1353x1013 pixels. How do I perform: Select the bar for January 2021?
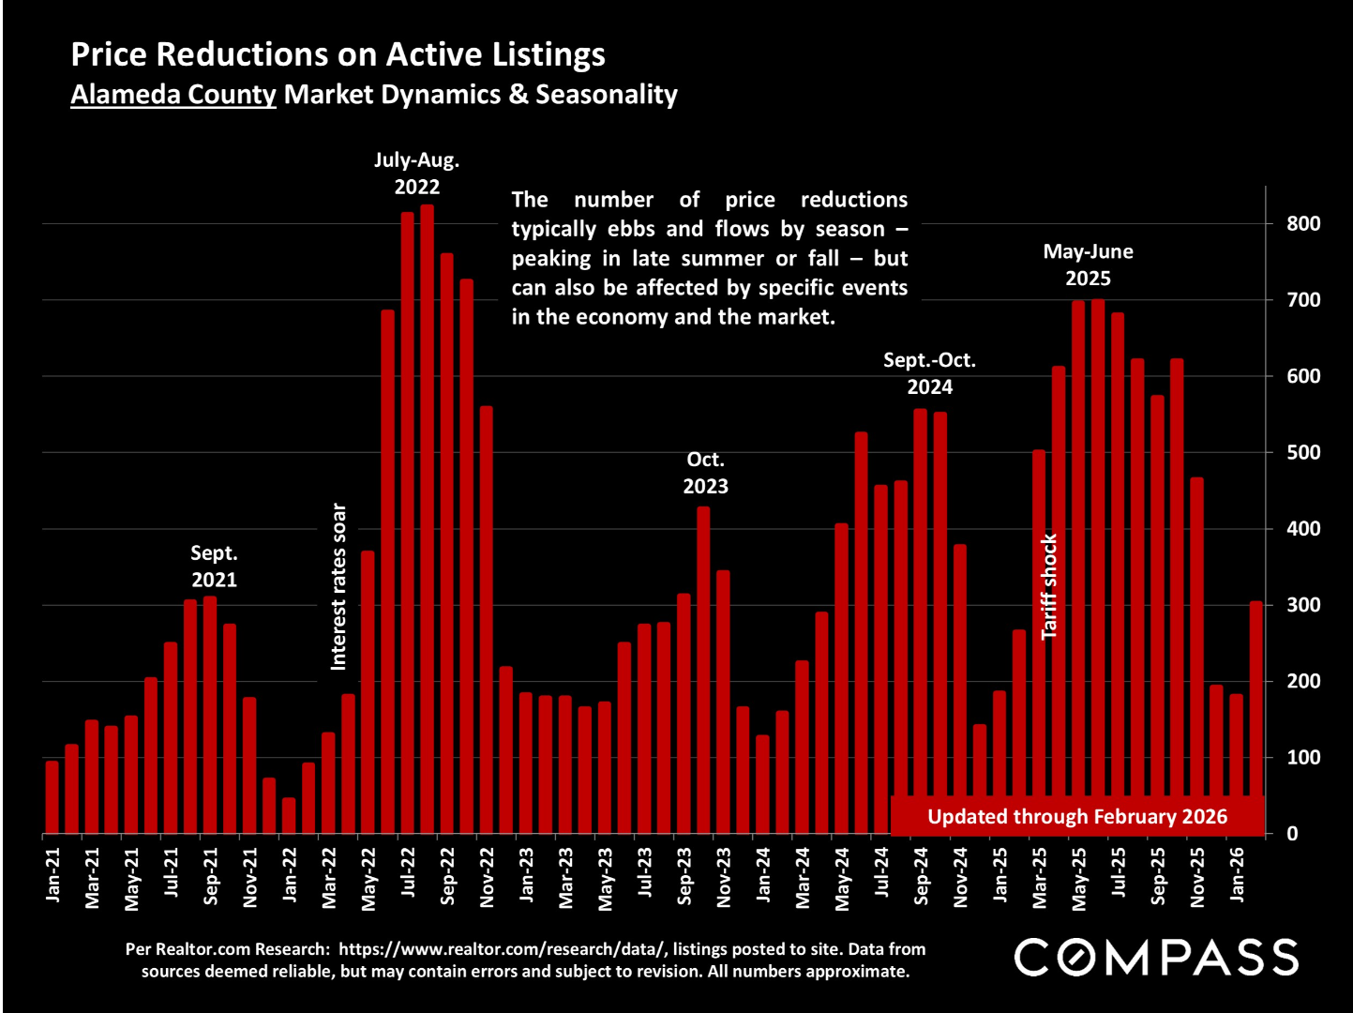[x=52, y=797]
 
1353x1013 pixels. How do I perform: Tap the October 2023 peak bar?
[x=703, y=670]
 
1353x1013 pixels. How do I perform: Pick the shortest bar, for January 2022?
[x=289, y=815]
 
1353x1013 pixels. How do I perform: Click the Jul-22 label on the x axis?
[x=408, y=871]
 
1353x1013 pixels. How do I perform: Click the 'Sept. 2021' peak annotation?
[x=214, y=567]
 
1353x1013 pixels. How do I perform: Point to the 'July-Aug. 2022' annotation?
[x=416, y=173]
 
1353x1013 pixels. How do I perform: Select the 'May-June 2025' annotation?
[x=1088, y=265]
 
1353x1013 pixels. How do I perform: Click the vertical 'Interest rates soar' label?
[x=338, y=586]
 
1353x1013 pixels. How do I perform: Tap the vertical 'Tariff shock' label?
[x=1049, y=586]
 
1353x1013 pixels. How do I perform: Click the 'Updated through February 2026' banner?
[x=1076, y=816]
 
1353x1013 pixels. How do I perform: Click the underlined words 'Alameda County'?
[x=173, y=95]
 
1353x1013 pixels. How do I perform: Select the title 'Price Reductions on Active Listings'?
[x=338, y=54]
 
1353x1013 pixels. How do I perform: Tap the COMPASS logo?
[x=1156, y=957]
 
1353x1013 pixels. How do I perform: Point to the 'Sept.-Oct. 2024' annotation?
[x=929, y=373]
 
